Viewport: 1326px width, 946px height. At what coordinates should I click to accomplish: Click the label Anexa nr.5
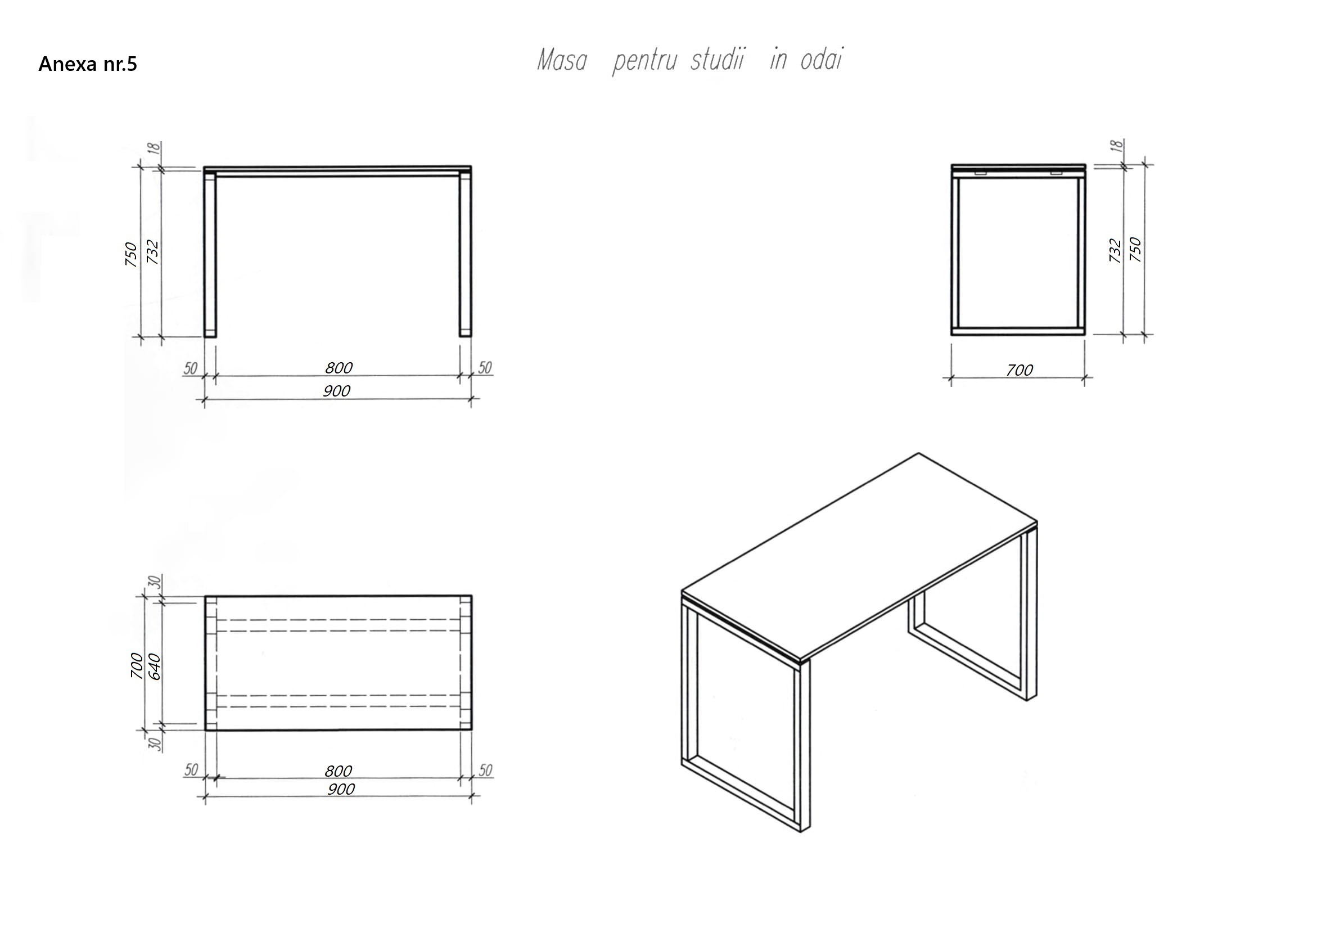pos(88,64)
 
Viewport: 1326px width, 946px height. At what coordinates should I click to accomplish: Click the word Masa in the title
pos(561,60)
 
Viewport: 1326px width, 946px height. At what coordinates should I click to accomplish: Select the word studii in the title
pos(718,60)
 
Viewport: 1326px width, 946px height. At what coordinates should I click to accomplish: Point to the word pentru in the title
pos(644,62)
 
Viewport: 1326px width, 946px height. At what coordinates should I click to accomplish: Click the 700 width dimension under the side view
pos(1019,370)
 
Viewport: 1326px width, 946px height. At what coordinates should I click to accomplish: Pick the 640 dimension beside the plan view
pos(154,666)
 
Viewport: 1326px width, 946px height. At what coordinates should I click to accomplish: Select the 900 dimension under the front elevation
pos(337,391)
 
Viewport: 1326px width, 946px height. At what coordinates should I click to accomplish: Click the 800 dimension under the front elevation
pos(339,368)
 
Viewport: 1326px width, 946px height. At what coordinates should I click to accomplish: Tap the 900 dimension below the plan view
pos(341,789)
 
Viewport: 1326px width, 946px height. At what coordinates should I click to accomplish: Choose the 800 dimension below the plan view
pos(338,771)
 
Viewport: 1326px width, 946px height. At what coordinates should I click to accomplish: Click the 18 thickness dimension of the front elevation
pos(154,147)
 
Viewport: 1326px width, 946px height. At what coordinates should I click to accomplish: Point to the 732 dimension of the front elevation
pos(152,251)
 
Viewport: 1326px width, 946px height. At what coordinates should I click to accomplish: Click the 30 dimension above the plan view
pos(154,582)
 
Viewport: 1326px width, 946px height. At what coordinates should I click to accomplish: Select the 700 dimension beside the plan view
pos(136,665)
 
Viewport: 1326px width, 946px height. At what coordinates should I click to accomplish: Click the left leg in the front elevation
pos(210,254)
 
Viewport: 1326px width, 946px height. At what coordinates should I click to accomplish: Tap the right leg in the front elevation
pos(465,254)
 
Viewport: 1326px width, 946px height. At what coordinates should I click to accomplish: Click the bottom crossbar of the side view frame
pos(1018,331)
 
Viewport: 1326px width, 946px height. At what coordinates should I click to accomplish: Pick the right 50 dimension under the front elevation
pos(485,368)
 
